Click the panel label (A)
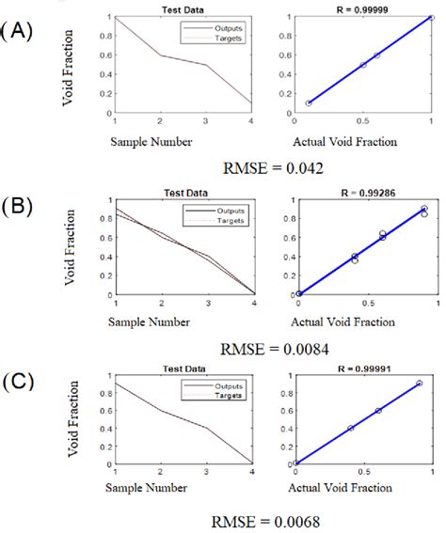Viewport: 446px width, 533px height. pyautogui.click(x=19, y=31)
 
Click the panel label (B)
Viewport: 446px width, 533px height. pyautogui.click(x=19, y=206)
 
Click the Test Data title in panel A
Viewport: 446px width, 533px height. pyautogui.click(x=185, y=8)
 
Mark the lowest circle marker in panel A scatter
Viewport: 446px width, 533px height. pyautogui.click(x=309, y=102)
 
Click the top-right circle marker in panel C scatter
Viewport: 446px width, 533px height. pyautogui.click(x=420, y=384)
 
